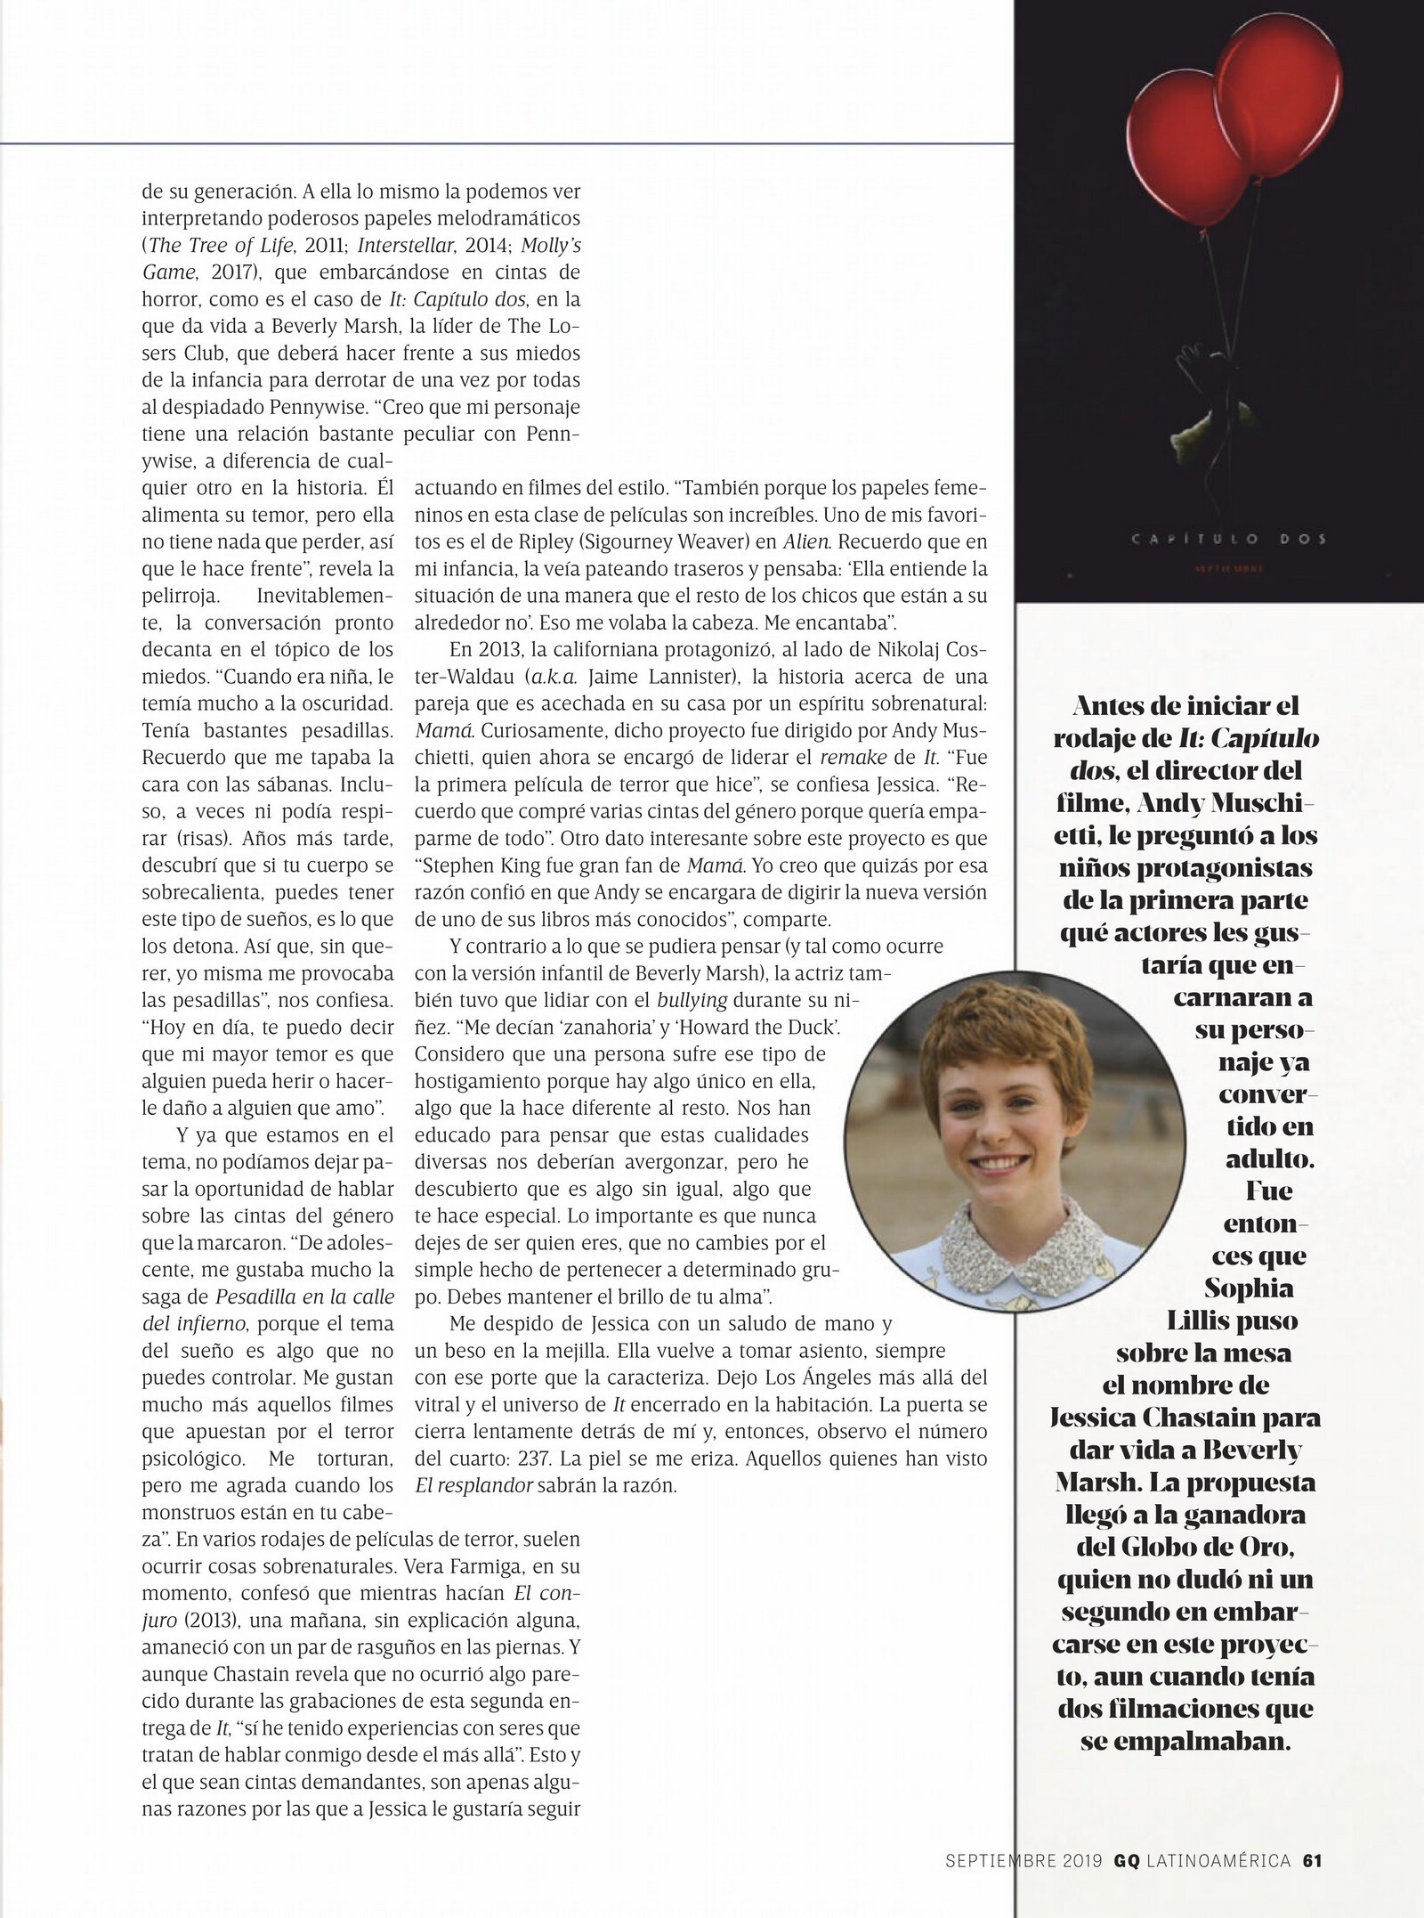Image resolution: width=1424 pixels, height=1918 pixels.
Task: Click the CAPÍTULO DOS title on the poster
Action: [1218, 539]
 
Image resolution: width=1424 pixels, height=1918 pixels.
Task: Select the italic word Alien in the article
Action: [806, 541]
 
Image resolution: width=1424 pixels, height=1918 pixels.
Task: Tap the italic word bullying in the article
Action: [692, 1000]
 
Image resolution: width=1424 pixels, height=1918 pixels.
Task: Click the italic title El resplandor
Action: [474, 1485]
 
